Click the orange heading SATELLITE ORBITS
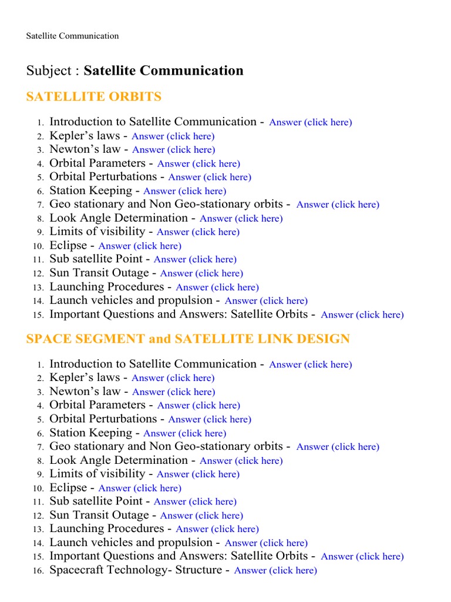[94, 96]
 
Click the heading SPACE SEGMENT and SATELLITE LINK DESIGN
[188, 339]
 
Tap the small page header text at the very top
[72, 36]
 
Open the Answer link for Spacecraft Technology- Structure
[275, 570]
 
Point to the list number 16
[38, 571]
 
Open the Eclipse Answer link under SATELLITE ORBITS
[140, 246]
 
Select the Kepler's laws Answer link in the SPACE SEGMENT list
[173, 378]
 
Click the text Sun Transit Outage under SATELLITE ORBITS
[99, 273]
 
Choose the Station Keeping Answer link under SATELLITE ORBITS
[184, 191]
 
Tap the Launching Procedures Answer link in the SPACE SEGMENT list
[217, 529]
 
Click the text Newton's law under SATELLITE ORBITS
[85, 149]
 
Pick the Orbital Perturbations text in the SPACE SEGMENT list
[103, 419]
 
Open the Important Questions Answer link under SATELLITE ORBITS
[362, 315]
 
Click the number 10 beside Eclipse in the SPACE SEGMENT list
[38, 489]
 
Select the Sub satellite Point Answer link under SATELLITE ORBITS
[195, 259]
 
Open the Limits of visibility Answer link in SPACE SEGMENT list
[198, 474]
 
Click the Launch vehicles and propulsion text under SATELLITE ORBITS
[130, 300]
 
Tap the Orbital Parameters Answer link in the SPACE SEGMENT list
[198, 406]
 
